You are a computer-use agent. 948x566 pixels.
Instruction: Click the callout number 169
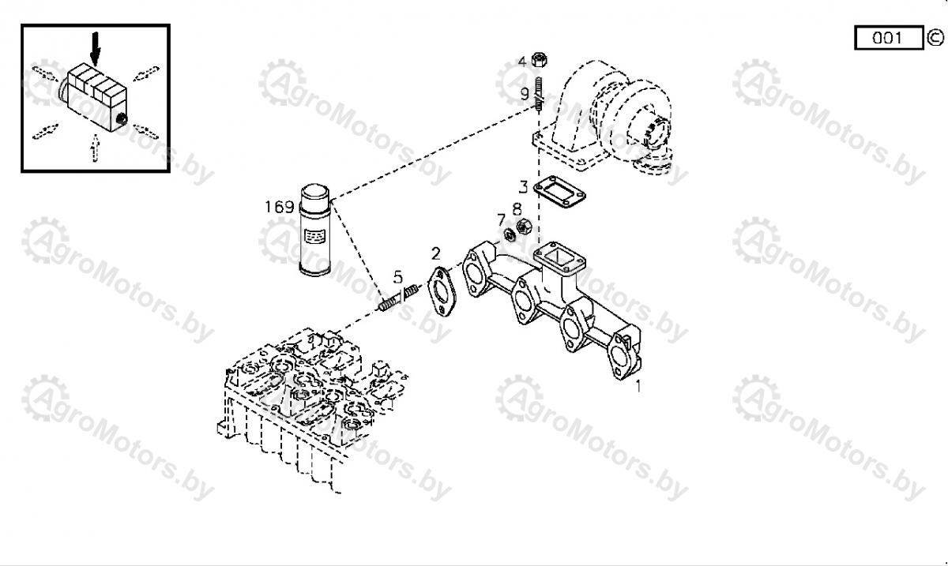pos(279,207)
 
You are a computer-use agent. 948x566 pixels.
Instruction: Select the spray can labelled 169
pos(315,231)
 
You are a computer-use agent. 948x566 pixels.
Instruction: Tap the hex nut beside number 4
pos(539,60)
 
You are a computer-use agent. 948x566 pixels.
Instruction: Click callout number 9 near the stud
pos(525,93)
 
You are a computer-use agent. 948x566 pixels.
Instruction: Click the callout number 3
pos(524,186)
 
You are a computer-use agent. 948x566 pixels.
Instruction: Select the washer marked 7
pos(509,234)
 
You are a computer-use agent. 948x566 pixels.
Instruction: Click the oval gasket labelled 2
pos(442,292)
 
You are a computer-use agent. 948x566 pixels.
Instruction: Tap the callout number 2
pos(435,254)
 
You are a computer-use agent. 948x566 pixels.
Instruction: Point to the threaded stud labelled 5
pos(398,298)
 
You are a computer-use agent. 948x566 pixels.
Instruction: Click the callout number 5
pos(398,278)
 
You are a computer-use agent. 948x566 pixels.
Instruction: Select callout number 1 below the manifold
pos(638,386)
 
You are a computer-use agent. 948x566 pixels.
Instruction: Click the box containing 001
pos(889,38)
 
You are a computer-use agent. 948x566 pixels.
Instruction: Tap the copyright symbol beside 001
pos(935,38)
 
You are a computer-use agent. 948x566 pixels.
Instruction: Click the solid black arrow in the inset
pos(96,49)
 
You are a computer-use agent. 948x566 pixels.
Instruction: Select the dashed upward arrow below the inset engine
pos(96,148)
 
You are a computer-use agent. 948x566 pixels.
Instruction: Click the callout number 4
pos(522,62)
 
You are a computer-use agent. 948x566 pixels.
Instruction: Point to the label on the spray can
pos(314,235)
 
